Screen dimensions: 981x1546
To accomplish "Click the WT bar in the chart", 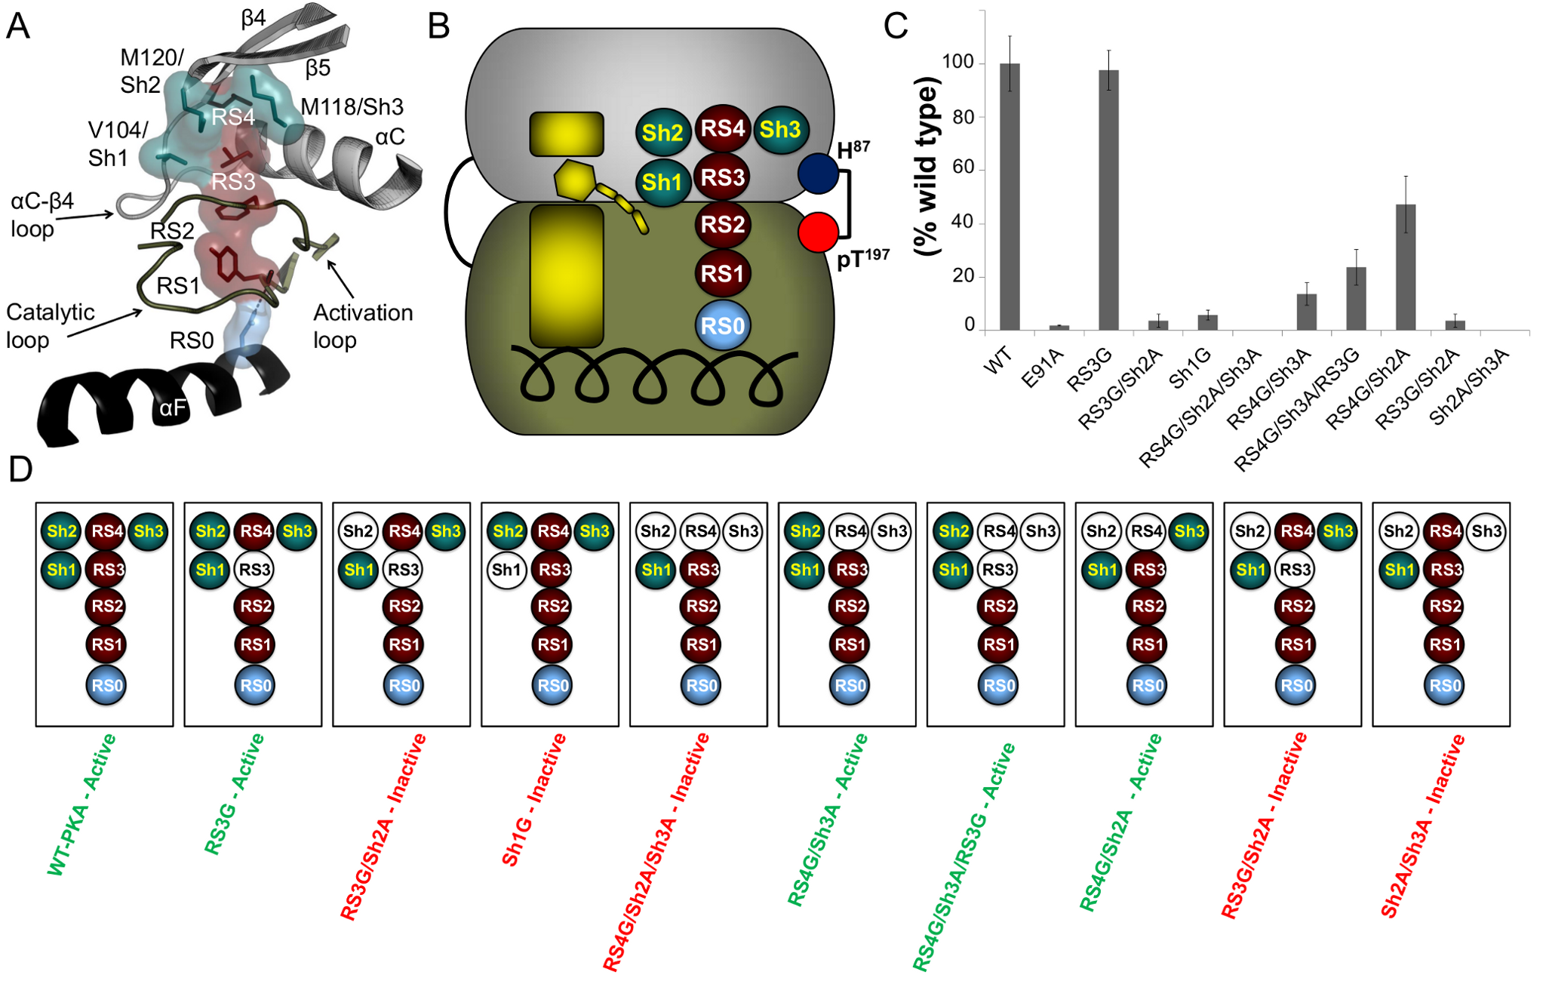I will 1010,196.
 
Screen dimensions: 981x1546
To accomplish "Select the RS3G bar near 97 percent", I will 1108,200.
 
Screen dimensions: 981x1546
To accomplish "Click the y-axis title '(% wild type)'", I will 927,166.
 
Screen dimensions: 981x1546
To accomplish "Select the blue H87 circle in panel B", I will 818,173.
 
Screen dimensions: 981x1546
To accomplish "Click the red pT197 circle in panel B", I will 818,232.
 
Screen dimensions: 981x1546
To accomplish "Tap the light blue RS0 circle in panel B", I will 722,326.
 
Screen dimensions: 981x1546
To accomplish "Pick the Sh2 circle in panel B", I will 662,133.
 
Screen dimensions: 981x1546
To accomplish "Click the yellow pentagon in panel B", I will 575,180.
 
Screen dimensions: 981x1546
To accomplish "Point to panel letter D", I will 20,469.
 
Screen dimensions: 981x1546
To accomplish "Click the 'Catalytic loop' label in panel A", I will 49,326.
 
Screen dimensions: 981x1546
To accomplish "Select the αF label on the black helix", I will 172,408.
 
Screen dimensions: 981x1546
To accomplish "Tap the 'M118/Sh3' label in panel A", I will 352,107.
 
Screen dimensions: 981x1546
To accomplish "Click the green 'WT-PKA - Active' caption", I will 81,804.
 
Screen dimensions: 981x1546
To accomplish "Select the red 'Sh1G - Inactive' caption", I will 533,800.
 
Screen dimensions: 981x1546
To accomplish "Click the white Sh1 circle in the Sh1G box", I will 506,569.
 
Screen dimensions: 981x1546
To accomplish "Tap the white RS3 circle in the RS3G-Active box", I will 254,569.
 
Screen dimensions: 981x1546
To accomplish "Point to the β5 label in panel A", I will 318,69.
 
